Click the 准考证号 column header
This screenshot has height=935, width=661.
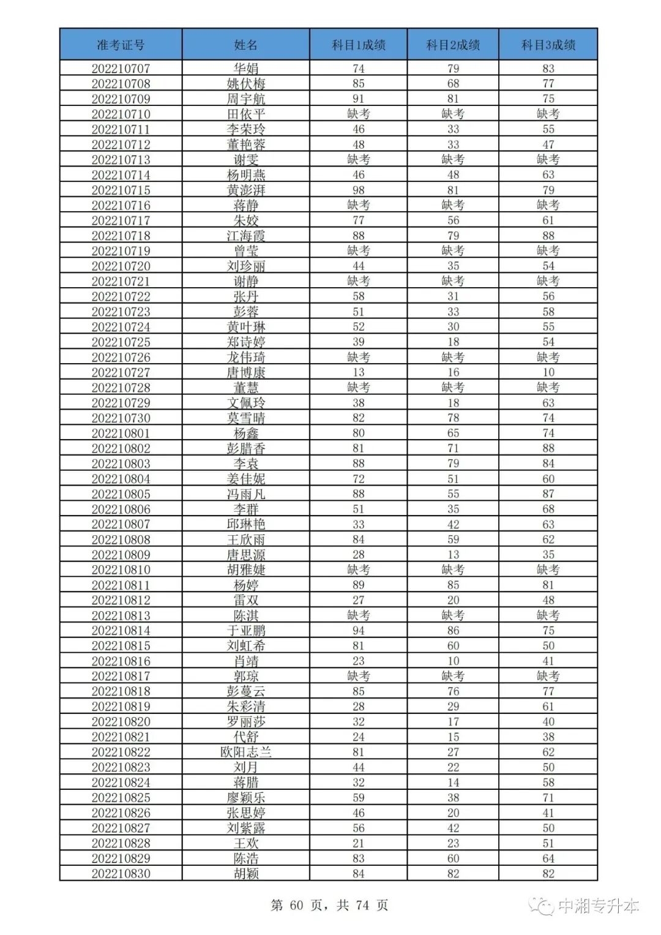(121, 45)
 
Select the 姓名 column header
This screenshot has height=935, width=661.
(245, 45)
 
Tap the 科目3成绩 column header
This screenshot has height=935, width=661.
(548, 45)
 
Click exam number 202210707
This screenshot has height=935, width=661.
(121, 69)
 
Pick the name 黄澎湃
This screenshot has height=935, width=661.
(245, 190)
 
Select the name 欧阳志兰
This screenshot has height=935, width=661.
(245, 752)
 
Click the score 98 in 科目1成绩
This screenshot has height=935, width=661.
(358, 190)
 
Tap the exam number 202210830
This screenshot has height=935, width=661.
(121, 874)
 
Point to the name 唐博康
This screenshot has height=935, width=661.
(245, 372)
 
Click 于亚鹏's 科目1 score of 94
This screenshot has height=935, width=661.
(358, 631)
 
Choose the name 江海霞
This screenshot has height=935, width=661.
(245, 236)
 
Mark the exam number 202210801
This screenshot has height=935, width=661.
(121, 433)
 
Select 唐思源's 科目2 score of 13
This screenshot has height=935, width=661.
(453, 555)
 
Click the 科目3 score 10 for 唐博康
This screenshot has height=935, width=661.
(548, 372)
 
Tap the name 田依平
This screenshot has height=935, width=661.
(245, 114)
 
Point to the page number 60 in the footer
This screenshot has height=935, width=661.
(296, 905)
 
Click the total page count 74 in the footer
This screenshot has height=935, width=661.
(362, 905)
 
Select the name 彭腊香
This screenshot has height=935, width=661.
(245, 448)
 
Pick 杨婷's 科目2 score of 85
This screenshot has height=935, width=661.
(453, 585)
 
